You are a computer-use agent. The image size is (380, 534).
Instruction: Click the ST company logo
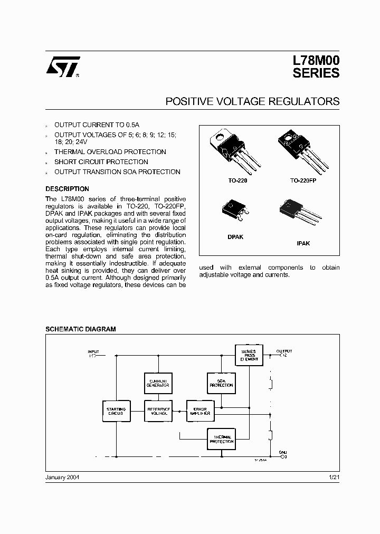pos(62,66)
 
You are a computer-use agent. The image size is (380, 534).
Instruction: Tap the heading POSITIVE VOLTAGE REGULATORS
pos(252,101)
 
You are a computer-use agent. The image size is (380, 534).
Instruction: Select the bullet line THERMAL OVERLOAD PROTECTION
pos(110,152)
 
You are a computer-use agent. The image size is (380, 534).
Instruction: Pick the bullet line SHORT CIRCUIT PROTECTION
pos(101,162)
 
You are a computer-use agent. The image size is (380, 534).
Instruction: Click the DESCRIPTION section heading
pos(67,189)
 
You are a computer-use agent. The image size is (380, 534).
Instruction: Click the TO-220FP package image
pos(302,150)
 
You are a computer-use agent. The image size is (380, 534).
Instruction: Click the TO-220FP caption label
pos(302,180)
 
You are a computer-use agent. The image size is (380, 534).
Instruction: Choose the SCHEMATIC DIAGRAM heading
pos(80,329)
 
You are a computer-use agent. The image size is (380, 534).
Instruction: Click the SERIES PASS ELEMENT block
pos(248,355)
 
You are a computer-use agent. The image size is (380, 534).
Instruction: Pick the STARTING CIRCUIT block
pos(116,412)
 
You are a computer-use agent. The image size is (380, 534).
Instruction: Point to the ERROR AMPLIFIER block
pos(201,411)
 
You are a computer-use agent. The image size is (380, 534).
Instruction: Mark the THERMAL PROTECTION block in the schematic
pos(221,439)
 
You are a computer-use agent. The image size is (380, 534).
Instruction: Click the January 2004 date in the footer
pos(62,476)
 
